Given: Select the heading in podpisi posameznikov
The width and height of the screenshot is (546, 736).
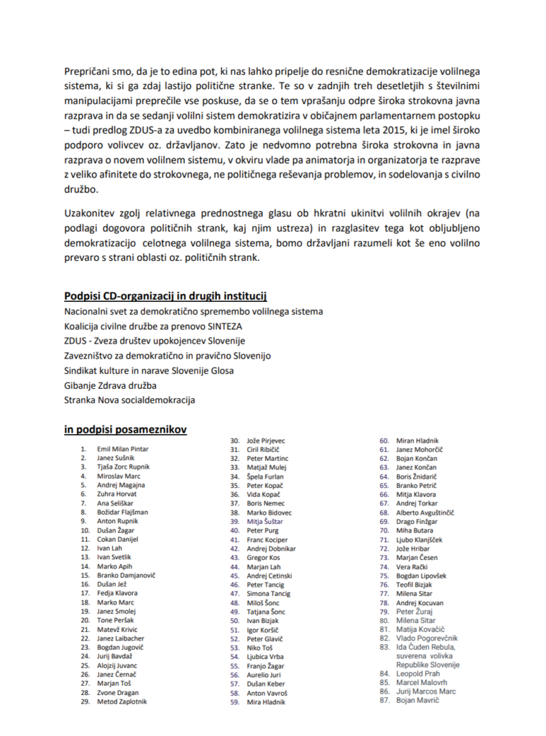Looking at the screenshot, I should [126, 429].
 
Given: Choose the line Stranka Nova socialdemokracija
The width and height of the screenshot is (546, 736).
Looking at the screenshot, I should [129, 400].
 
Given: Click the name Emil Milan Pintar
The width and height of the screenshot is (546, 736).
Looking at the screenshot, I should [122, 448].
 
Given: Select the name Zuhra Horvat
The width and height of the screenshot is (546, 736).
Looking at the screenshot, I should [117, 494].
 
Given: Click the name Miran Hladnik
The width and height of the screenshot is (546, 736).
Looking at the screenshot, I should [418, 441].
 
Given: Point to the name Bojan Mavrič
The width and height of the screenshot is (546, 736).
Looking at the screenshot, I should [417, 700].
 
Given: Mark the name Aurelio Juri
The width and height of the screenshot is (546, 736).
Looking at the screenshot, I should [264, 676].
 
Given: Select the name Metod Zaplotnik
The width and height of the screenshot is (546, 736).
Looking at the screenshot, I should [122, 701].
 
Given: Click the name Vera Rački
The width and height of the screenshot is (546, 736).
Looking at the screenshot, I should [412, 567].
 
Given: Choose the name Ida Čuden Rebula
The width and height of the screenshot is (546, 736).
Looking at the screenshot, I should [426, 647].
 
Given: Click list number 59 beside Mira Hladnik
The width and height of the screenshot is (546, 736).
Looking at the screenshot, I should [234, 702].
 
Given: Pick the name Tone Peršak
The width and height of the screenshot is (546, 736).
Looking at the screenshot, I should [115, 620].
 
